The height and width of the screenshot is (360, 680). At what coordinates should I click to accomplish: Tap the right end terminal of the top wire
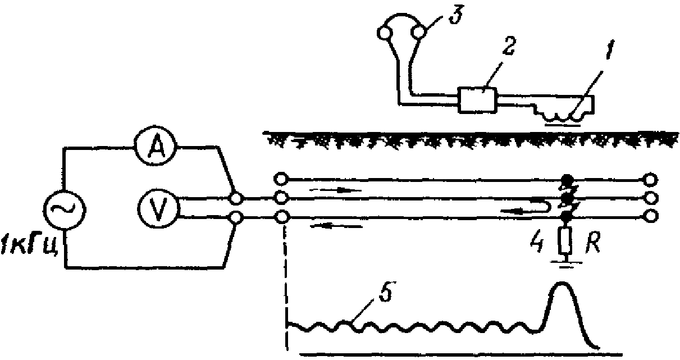click(650, 180)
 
